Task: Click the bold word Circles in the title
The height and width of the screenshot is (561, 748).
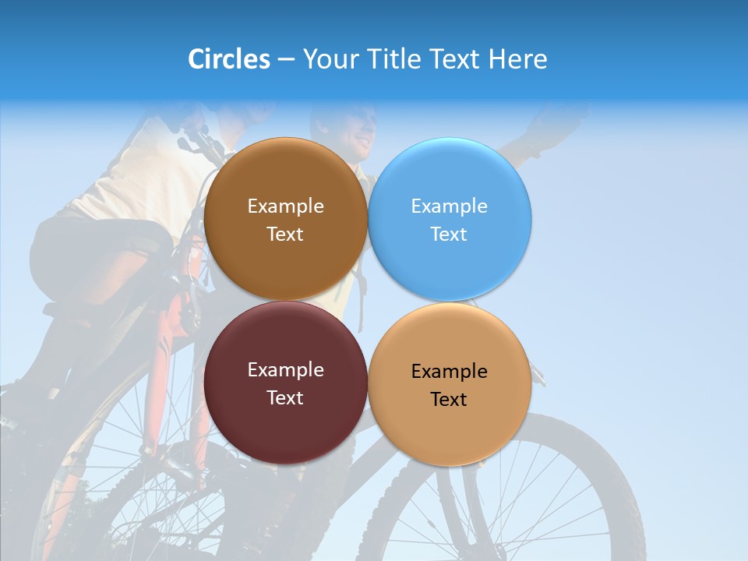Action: (228, 59)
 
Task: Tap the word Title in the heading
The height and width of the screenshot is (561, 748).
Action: (392, 59)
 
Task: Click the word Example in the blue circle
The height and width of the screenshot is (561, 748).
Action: (449, 206)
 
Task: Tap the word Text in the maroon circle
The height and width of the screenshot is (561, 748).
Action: (285, 398)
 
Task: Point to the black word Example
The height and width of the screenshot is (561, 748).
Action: (449, 372)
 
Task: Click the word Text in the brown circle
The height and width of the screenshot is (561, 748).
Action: (285, 235)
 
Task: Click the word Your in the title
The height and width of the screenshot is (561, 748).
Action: (329, 59)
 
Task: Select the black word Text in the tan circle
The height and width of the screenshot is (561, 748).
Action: (449, 400)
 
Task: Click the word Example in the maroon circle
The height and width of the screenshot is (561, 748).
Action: (285, 370)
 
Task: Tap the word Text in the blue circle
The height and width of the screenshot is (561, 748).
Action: (449, 235)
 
